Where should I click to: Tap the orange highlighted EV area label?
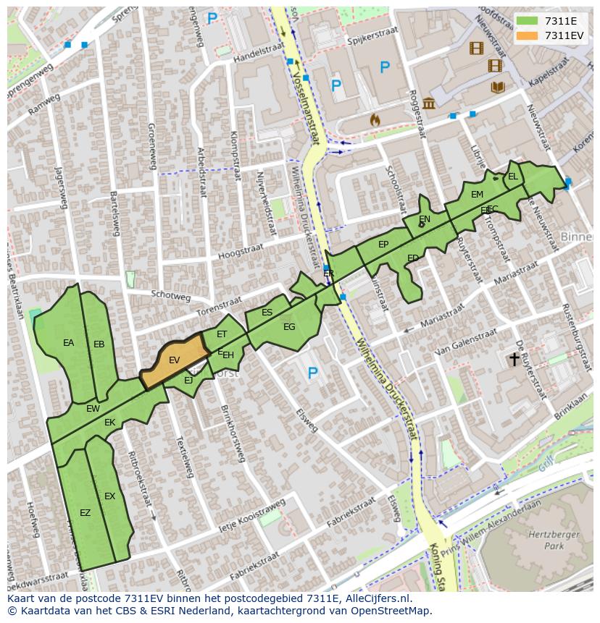click(x=174, y=360)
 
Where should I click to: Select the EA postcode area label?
click(x=68, y=343)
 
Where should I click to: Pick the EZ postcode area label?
click(x=85, y=513)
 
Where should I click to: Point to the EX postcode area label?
click(x=109, y=496)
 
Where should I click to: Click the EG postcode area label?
click(x=289, y=327)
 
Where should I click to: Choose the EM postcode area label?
click(x=477, y=195)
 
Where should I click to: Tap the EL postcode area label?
click(x=512, y=177)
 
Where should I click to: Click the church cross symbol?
click(x=514, y=358)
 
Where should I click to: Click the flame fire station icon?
click(x=375, y=119)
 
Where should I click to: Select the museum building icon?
click(x=429, y=103)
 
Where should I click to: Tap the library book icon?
click(x=497, y=88)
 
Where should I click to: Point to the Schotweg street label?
click(x=170, y=297)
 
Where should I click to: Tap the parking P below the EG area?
click(x=312, y=373)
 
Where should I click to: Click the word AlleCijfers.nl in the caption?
click(x=377, y=599)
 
